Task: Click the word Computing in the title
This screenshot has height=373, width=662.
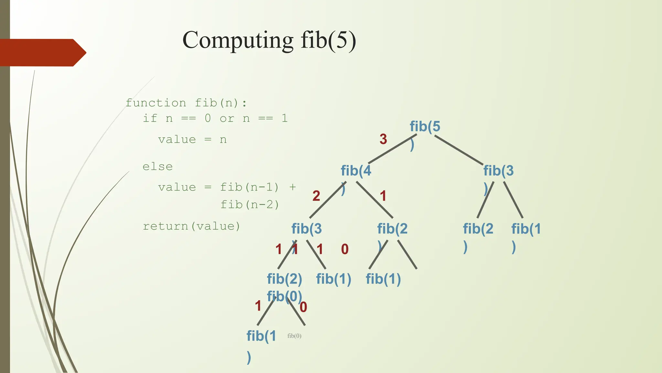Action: click(x=238, y=40)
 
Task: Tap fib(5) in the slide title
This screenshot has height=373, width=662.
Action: click(x=328, y=40)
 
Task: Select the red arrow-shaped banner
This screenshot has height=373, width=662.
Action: click(x=42, y=52)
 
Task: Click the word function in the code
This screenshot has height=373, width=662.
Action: click(x=156, y=103)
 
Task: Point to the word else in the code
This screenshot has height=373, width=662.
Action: click(x=158, y=167)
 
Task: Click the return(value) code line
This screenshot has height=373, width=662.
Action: click(x=191, y=226)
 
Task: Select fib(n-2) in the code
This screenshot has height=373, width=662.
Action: click(x=250, y=205)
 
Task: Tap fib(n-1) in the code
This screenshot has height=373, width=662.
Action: click(x=250, y=187)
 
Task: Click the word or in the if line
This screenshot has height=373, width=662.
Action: click(x=227, y=119)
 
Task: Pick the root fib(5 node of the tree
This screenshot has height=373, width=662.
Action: click(x=425, y=127)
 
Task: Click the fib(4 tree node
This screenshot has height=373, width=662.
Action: click(x=356, y=171)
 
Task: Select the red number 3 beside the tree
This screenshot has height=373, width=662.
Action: click(x=383, y=139)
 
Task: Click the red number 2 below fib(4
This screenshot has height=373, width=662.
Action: click(x=316, y=196)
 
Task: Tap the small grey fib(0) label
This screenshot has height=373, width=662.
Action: click(x=294, y=336)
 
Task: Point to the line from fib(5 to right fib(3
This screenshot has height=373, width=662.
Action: click(x=459, y=150)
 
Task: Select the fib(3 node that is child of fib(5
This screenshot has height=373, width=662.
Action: click(x=498, y=171)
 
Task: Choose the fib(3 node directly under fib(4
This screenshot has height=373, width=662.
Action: click(x=306, y=229)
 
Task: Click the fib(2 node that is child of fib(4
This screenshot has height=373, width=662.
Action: click(x=392, y=229)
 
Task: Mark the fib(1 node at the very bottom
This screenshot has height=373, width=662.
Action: click(x=261, y=336)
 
